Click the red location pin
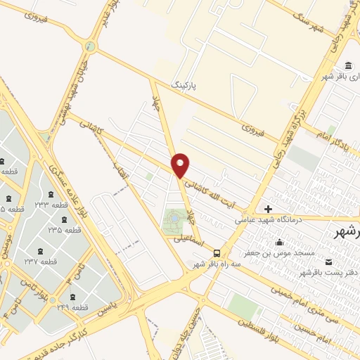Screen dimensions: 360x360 181,165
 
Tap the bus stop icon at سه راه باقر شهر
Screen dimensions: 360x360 217,253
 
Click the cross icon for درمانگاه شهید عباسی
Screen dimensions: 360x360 268,209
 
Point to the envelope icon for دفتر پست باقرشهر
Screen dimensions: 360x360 329,262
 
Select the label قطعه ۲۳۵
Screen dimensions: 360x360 64,230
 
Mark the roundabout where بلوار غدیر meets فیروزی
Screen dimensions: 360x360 89,46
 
